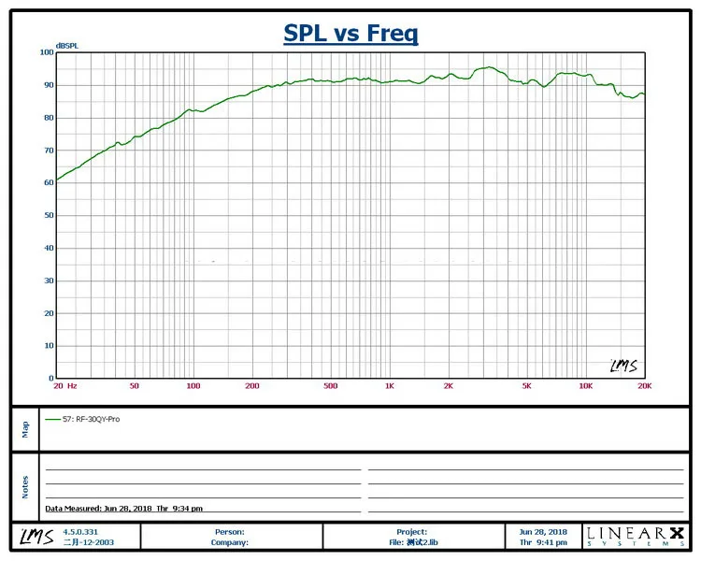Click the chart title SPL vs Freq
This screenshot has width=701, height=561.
click(x=350, y=34)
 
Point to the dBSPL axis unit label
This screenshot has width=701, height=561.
click(x=67, y=46)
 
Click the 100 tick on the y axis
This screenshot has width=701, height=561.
click(x=47, y=52)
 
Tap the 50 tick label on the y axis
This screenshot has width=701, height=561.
click(x=49, y=215)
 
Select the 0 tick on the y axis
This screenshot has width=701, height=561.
click(x=51, y=378)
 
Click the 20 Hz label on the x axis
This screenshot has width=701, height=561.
click(x=65, y=386)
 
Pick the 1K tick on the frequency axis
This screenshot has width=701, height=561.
click(x=390, y=386)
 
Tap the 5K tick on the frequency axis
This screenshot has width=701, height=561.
click(x=526, y=386)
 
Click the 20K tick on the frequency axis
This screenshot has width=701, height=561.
click(x=645, y=386)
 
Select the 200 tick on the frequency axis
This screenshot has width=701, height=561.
click(x=252, y=386)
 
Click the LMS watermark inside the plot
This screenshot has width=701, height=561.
click(x=623, y=366)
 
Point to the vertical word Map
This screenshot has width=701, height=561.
click(x=25, y=429)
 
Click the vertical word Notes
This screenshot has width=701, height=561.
click(x=25, y=487)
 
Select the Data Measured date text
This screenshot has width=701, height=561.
click(x=123, y=509)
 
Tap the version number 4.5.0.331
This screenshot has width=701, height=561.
click(x=80, y=532)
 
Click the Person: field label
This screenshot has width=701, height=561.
click(x=230, y=532)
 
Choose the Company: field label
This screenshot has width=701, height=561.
click(x=230, y=542)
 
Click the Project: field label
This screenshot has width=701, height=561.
click(x=412, y=532)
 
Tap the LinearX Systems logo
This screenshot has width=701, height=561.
click(x=636, y=537)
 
